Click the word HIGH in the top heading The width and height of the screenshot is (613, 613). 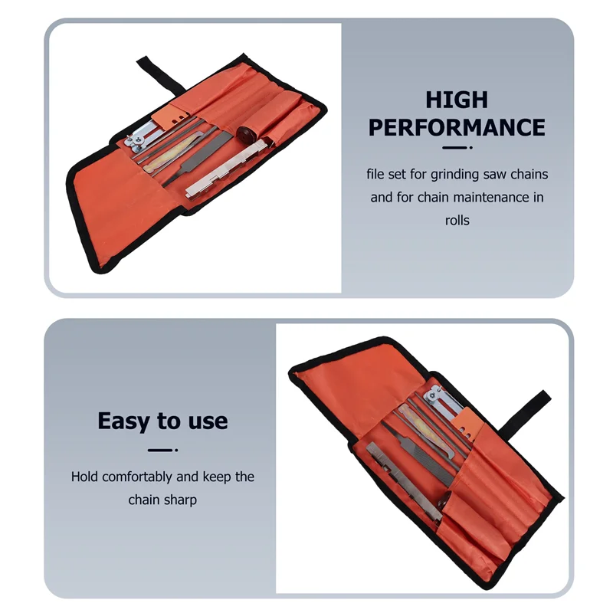457,100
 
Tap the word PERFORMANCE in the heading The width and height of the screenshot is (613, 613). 457,126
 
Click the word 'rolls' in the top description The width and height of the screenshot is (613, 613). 457,220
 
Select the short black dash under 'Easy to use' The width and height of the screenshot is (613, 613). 162,450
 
